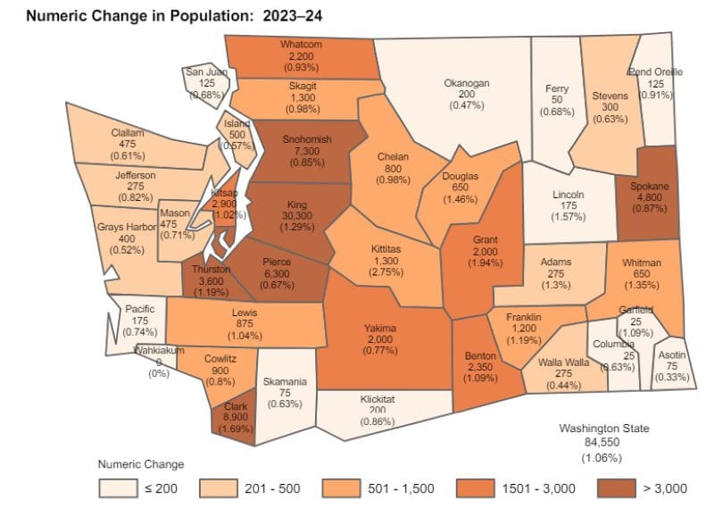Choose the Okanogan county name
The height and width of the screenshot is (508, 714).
(467, 83)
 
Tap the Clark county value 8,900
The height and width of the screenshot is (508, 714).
(237, 416)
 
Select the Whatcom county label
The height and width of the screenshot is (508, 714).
(300, 43)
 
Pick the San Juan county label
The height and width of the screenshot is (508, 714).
(205, 72)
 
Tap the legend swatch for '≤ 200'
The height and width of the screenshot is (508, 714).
(113, 487)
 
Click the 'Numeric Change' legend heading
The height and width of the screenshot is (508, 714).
(140, 464)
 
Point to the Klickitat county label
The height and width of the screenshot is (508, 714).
(365, 400)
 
